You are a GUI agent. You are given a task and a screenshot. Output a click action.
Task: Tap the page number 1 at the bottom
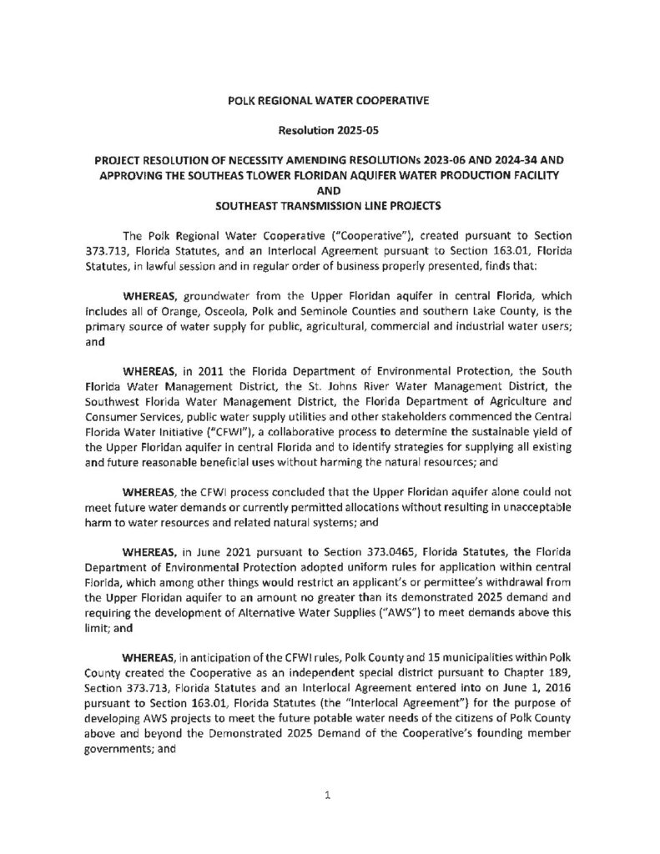click(x=329, y=796)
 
